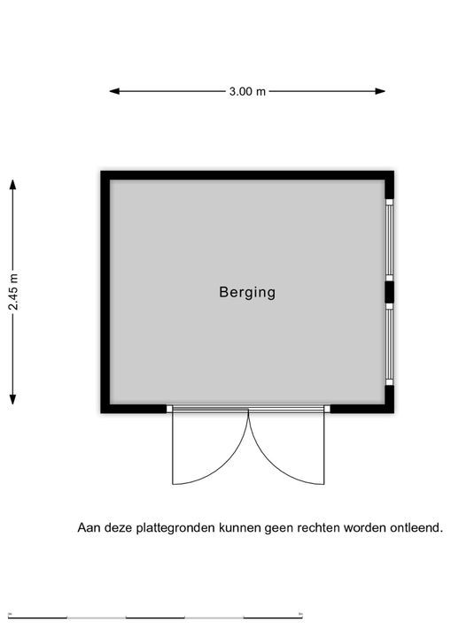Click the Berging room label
(x=247, y=292)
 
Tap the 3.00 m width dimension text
(x=247, y=91)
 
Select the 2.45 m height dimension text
(x=13, y=292)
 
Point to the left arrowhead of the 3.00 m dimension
(x=114, y=91)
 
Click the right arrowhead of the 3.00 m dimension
(x=380, y=91)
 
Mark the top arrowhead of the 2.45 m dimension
(x=13, y=184)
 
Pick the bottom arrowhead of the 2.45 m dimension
(x=13, y=399)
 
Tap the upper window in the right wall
(x=390, y=240)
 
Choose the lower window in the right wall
(x=390, y=344)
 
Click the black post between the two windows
(x=390, y=292)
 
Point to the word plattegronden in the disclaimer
(x=175, y=528)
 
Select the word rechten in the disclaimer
(x=319, y=527)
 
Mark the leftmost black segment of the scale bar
(x=37, y=618)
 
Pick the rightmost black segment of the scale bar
(x=273, y=618)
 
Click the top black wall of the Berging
(x=247, y=175)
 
